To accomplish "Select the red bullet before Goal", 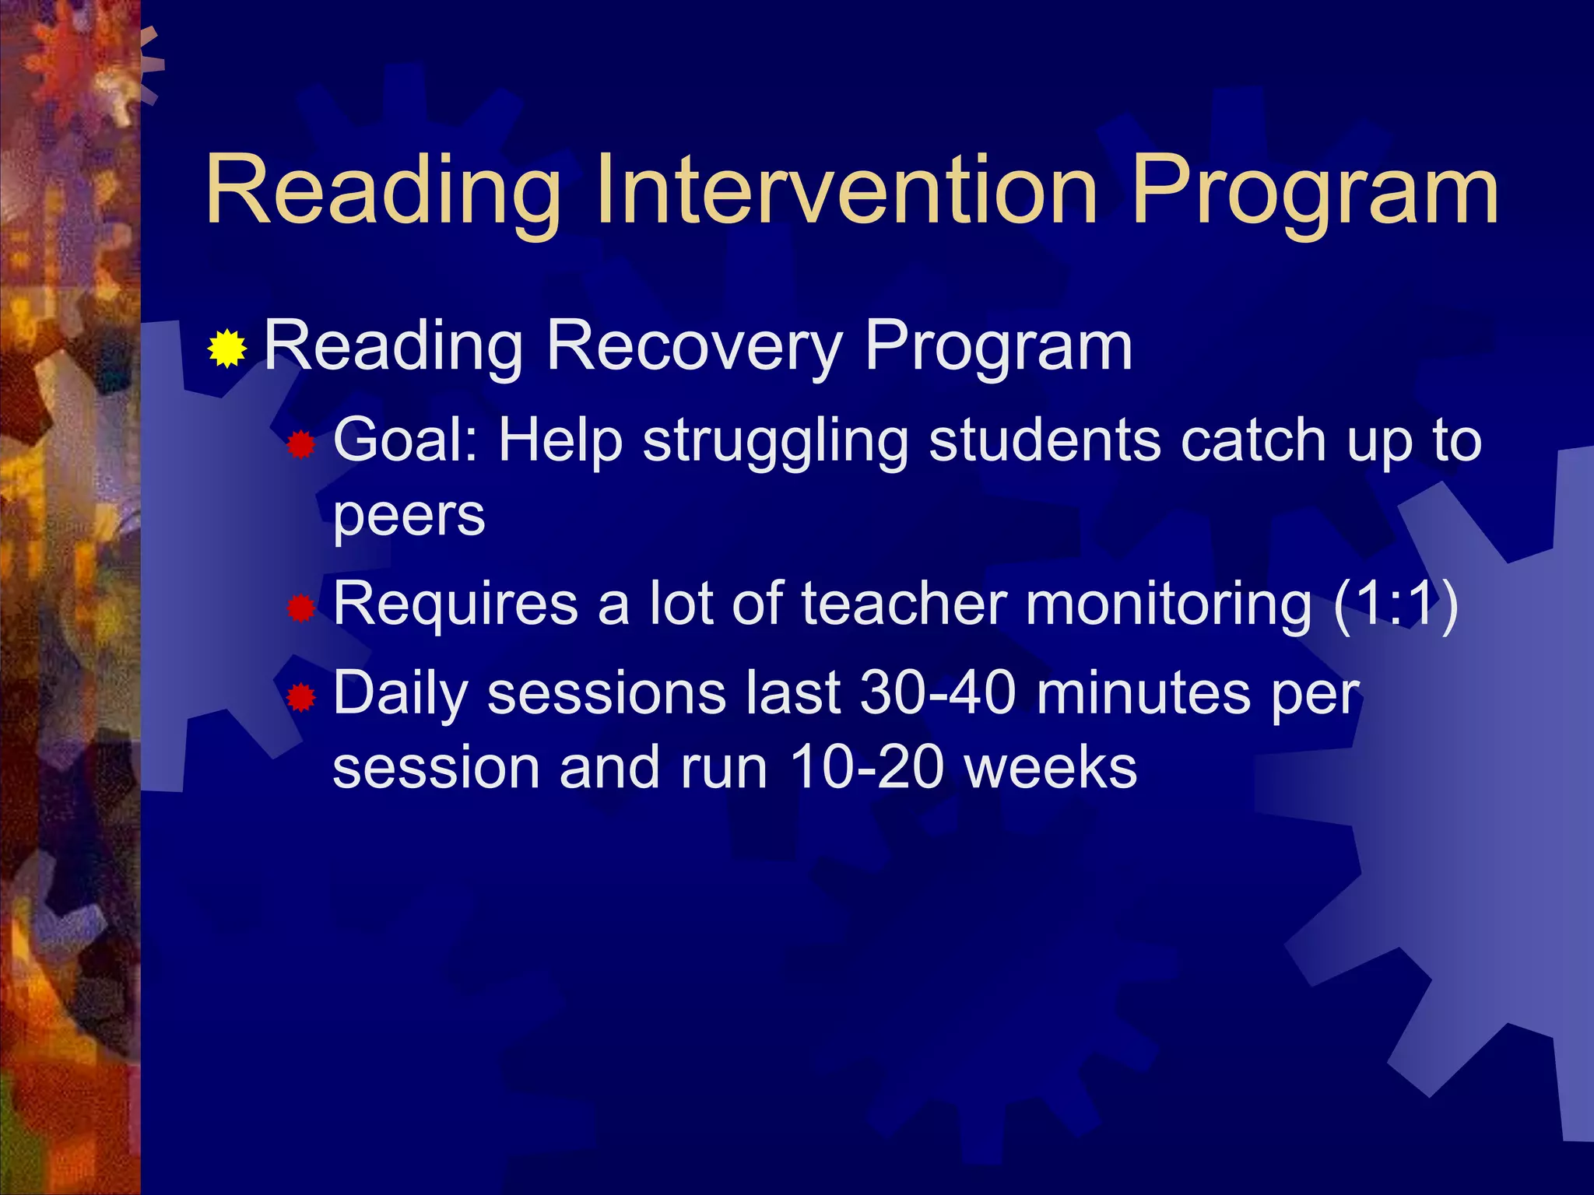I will pos(301,446).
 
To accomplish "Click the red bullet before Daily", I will pos(301,698).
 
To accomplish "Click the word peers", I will pos(409,515).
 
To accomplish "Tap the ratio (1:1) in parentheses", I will pos(1395,604).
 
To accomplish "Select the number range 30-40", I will pos(937,692).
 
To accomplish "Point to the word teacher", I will pos(904,604).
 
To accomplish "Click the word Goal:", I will pos(405,440).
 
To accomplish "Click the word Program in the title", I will pos(1315,191).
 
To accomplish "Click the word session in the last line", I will pos(436,768).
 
